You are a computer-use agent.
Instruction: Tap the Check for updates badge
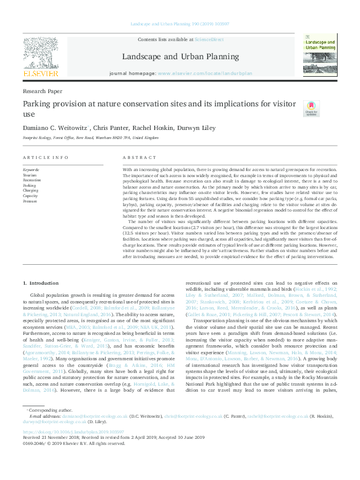[x=311, y=108]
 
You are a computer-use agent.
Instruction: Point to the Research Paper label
[x=42, y=91]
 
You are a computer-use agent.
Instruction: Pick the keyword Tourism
[x=29, y=175]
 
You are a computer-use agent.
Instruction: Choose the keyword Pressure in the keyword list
[x=30, y=200]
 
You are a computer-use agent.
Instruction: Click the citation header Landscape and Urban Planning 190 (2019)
[x=180, y=25]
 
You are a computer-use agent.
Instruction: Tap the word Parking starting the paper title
[x=37, y=103]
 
